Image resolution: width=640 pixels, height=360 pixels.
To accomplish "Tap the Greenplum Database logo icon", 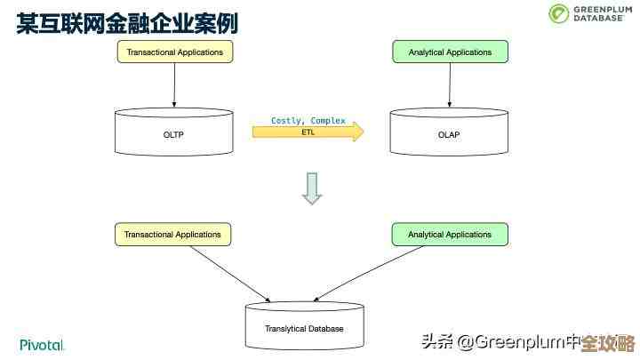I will [x=558, y=13].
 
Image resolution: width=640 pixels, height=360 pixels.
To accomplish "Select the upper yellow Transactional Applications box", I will [x=174, y=52].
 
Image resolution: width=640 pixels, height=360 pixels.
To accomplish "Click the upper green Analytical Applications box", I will [x=450, y=52].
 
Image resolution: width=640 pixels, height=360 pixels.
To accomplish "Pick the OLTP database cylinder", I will [x=174, y=133].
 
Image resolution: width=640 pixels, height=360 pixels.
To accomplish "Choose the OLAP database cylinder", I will [x=450, y=133].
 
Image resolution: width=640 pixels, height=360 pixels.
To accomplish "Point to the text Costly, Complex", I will [x=308, y=120].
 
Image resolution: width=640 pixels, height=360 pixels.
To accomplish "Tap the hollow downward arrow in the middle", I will [x=311, y=188].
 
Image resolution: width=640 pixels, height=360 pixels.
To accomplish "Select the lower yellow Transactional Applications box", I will [x=172, y=235].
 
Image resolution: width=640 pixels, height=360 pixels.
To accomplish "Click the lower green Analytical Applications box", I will [x=450, y=235].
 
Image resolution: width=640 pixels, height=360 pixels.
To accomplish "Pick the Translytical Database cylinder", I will [x=304, y=326].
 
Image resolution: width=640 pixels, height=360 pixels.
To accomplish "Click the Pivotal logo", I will [x=42, y=344].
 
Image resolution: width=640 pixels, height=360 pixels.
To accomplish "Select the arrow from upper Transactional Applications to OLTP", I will [x=174, y=86].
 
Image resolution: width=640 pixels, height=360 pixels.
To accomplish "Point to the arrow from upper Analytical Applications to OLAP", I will [x=450, y=86].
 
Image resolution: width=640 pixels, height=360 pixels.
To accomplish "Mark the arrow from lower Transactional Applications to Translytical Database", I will [x=229, y=273].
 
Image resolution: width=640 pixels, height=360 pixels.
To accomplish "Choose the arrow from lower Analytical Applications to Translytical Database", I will [x=373, y=273].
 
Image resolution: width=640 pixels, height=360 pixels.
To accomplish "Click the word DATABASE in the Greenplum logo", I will [x=596, y=18].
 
